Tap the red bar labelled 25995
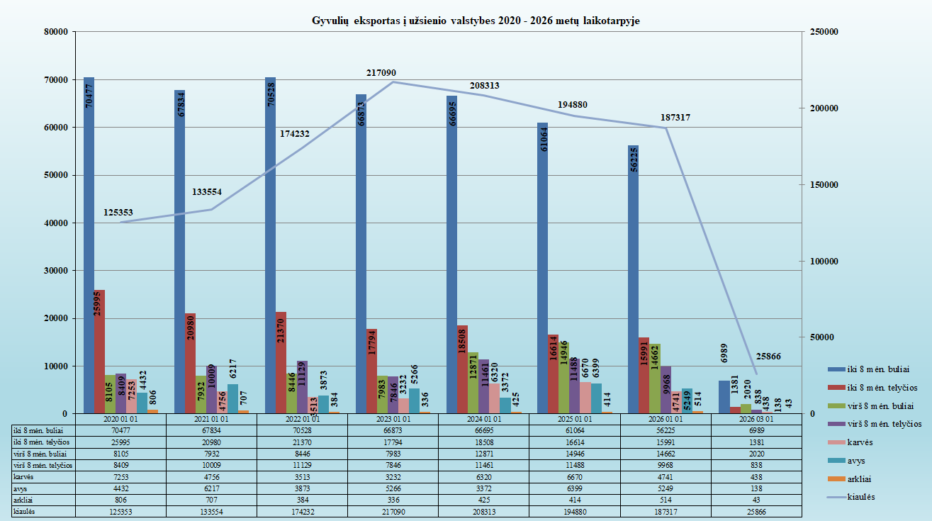point(99,351)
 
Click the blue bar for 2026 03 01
point(724,397)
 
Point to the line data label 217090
point(381,73)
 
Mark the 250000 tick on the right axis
point(824,32)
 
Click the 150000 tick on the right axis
point(824,185)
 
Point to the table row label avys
point(21,488)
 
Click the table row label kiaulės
point(25,510)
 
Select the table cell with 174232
point(302,510)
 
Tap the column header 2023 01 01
point(393,418)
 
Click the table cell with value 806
point(120,500)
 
